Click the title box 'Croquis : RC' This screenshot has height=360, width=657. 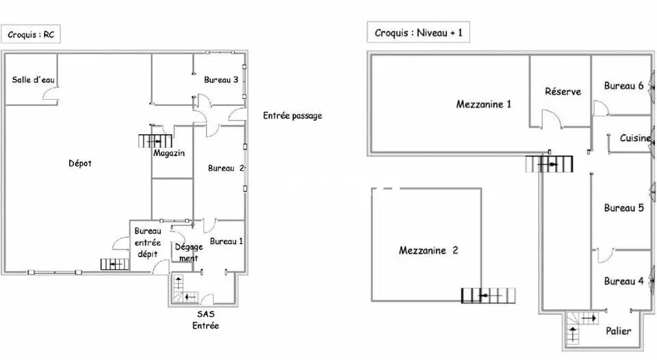click(x=31, y=34)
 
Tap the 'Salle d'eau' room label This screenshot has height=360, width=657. click(x=33, y=80)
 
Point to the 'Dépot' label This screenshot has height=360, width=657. click(x=80, y=164)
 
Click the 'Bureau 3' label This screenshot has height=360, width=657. click(x=221, y=80)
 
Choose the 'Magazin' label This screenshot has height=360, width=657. click(x=169, y=153)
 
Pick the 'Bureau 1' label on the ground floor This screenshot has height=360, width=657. click(x=226, y=241)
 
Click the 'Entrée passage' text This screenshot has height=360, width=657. click(x=292, y=116)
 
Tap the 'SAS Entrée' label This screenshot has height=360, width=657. click(x=205, y=320)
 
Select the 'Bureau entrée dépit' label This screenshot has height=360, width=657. click(x=148, y=242)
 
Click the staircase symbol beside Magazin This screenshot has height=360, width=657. click(x=155, y=142)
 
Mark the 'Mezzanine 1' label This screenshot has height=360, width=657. click(x=484, y=104)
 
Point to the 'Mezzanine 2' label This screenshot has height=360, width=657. click(x=428, y=250)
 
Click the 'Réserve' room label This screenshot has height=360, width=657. click(x=563, y=92)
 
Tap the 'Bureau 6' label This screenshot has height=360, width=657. click(x=623, y=86)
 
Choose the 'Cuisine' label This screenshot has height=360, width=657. click(x=635, y=138)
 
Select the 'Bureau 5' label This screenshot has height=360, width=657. click(x=623, y=208)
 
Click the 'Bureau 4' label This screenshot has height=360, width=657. click(x=623, y=281)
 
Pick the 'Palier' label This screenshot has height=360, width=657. click(x=619, y=331)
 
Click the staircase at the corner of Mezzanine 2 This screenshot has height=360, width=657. click(x=488, y=296)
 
